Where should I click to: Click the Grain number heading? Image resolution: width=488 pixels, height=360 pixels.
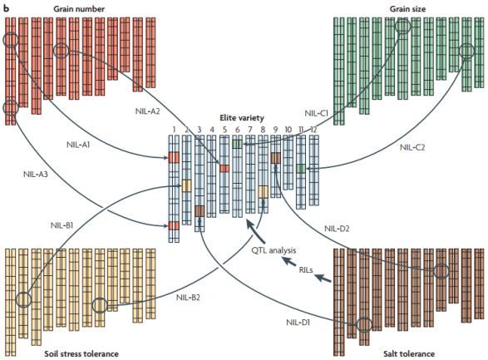point(79,8)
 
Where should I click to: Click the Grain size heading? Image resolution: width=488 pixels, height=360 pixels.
point(407,8)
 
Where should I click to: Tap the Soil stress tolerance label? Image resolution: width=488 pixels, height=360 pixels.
point(81,354)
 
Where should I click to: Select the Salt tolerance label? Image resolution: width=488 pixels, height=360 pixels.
point(409,354)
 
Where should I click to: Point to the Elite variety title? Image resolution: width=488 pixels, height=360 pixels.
point(242,118)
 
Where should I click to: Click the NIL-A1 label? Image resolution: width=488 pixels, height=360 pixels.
point(78,145)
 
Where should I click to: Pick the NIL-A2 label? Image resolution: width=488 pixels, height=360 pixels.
point(147,111)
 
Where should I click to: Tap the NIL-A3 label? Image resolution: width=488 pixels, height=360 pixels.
point(36,174)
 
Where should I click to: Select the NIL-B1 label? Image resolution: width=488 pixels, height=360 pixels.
point(62,225)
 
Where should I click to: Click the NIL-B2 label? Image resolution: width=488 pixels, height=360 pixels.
point(188,298)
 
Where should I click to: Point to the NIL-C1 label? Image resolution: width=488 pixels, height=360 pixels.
point(317,113)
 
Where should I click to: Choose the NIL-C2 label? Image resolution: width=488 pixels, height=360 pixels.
point(412,147)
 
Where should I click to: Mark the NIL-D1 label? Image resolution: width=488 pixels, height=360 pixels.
point(298,323)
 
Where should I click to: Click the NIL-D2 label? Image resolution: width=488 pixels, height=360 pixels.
point(337,229)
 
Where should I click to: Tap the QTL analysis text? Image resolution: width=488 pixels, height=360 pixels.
point(274,250)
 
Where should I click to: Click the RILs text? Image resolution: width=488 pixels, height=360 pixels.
point(306,270)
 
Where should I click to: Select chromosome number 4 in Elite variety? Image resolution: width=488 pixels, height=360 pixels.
point(212,130)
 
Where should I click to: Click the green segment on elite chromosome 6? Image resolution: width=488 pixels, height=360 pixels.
point(237,144)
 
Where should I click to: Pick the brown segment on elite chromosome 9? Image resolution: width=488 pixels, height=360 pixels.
point(275,158)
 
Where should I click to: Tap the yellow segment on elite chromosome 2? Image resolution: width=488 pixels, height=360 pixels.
point(186,185)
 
